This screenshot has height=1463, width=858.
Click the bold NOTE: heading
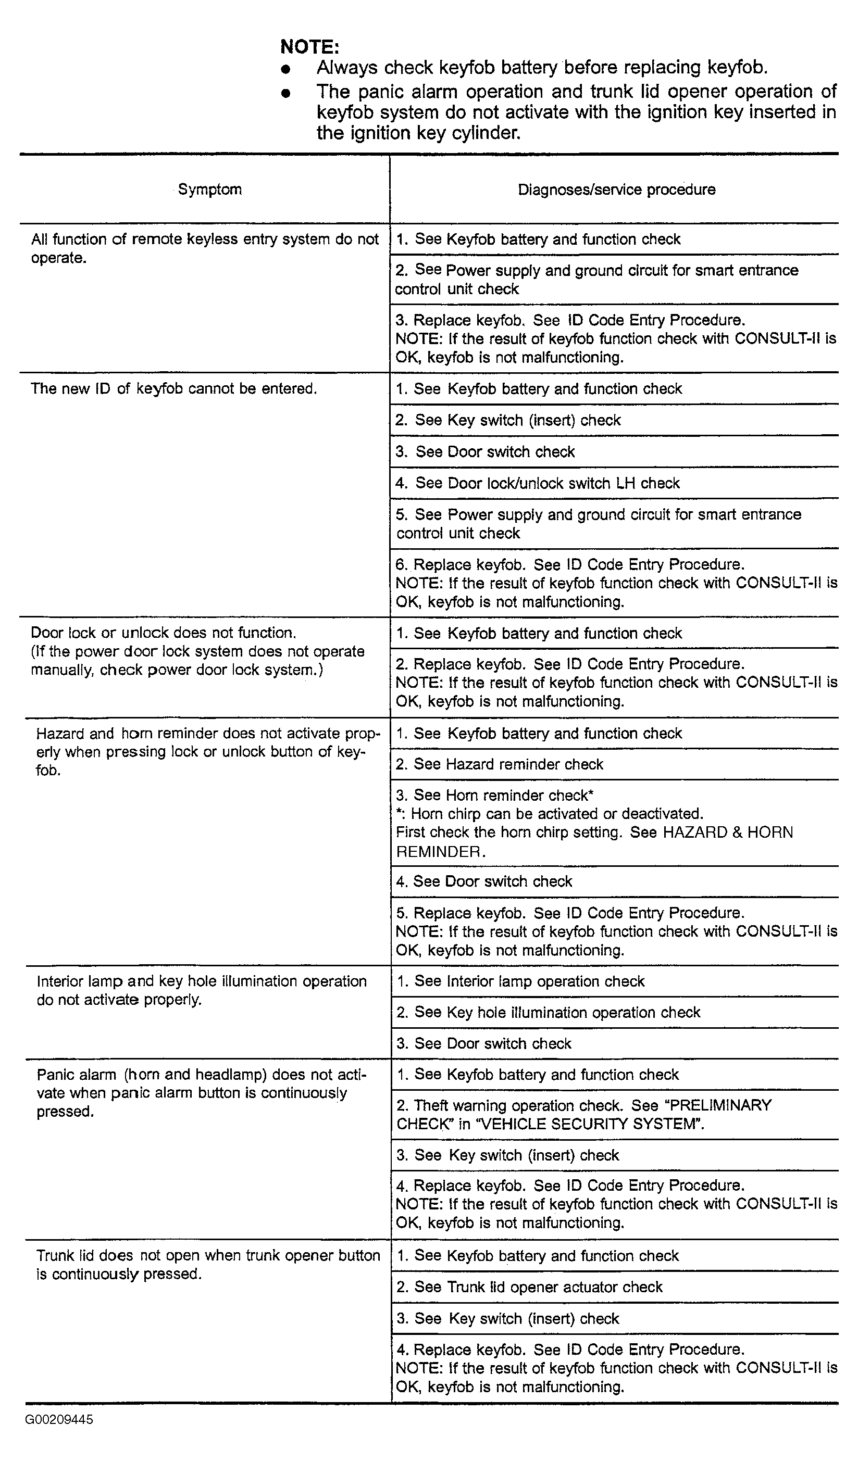tap(309, 46)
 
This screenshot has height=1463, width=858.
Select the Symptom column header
tap(210, 190)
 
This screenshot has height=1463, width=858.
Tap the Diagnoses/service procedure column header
tap(616, 190)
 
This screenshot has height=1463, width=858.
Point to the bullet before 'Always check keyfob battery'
tap(284, 69)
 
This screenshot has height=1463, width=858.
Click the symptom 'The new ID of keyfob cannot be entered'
tap(173, 388)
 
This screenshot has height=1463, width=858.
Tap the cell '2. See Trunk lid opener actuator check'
tap(529, 1287)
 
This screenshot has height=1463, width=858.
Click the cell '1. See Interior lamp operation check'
tap(520, 981)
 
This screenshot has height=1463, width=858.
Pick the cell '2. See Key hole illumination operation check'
tap(549, 1013)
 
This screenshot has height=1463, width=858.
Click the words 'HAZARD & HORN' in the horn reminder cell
tap(727, 832)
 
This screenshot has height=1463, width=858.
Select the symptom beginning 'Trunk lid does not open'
tap(208, 1265)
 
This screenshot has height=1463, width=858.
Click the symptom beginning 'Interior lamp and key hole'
tap(201, 990)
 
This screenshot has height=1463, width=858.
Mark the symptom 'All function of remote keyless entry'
tap(205, 248)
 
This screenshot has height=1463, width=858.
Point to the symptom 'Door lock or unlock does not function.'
tap(163, 633)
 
